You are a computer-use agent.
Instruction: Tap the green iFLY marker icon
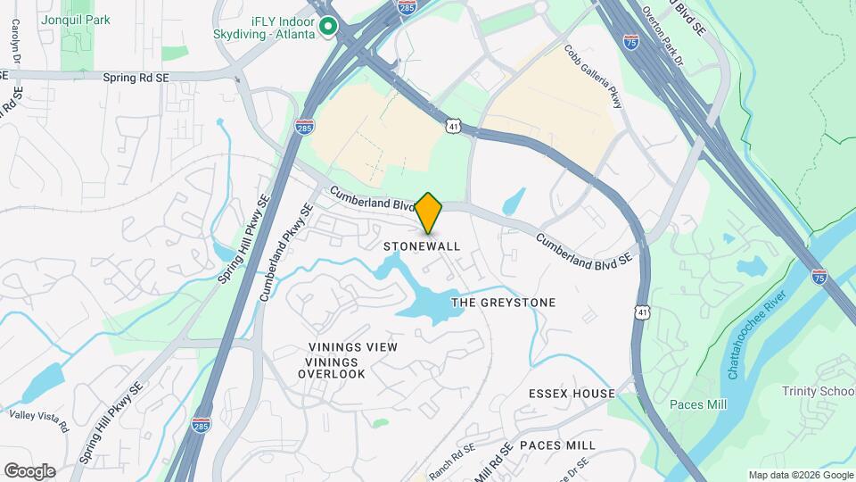point(328,28)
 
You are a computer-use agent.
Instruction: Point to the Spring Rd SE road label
point(136,79)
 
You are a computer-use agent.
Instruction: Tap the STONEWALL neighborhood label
point(422,245)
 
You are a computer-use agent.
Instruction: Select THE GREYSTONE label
point(503,303)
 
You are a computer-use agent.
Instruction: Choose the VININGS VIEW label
point(352,346)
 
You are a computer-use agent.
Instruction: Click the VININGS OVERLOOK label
point(332,368)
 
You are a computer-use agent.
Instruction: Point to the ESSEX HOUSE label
point(572,394)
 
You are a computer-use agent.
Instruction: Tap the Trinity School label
point(818,391)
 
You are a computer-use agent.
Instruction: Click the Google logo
point(29,471)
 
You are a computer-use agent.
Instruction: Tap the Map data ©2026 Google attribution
point(801,475)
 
